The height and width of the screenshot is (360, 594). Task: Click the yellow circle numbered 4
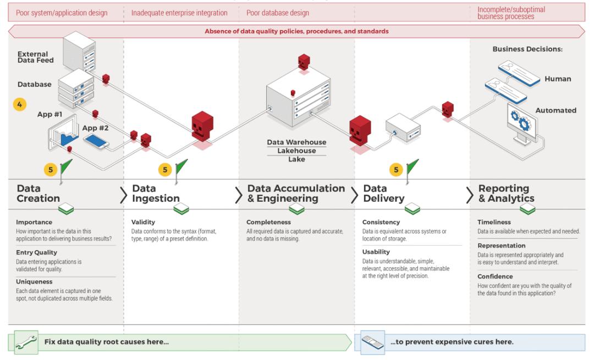coord(20,104)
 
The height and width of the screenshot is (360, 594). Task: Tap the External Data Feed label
coord(36,57)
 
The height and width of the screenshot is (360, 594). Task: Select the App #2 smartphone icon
coord(96,142)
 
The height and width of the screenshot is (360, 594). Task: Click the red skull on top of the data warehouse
coord(304,62)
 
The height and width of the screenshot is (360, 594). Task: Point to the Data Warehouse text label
coord(296,142)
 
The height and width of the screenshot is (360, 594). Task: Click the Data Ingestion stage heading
coord(156,193)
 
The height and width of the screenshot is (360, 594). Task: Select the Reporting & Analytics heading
coord(506,193)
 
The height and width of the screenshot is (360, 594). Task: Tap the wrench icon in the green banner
coord(26,342)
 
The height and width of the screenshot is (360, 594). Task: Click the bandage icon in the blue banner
coord(372,342)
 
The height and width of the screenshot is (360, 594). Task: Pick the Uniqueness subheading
coord(34,281)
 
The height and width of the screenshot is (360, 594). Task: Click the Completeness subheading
coord(268,222)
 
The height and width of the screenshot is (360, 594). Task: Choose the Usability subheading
coord(376,252)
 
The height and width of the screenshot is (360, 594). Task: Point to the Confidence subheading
coord(495,276)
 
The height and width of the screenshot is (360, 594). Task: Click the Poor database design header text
coord(278,13)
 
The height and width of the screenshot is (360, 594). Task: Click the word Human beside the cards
coord(558,79)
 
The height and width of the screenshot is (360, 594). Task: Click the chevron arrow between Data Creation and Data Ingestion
coord(124,195)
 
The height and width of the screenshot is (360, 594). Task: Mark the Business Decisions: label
coord(527,49)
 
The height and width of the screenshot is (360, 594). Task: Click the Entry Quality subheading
coord(36,252)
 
